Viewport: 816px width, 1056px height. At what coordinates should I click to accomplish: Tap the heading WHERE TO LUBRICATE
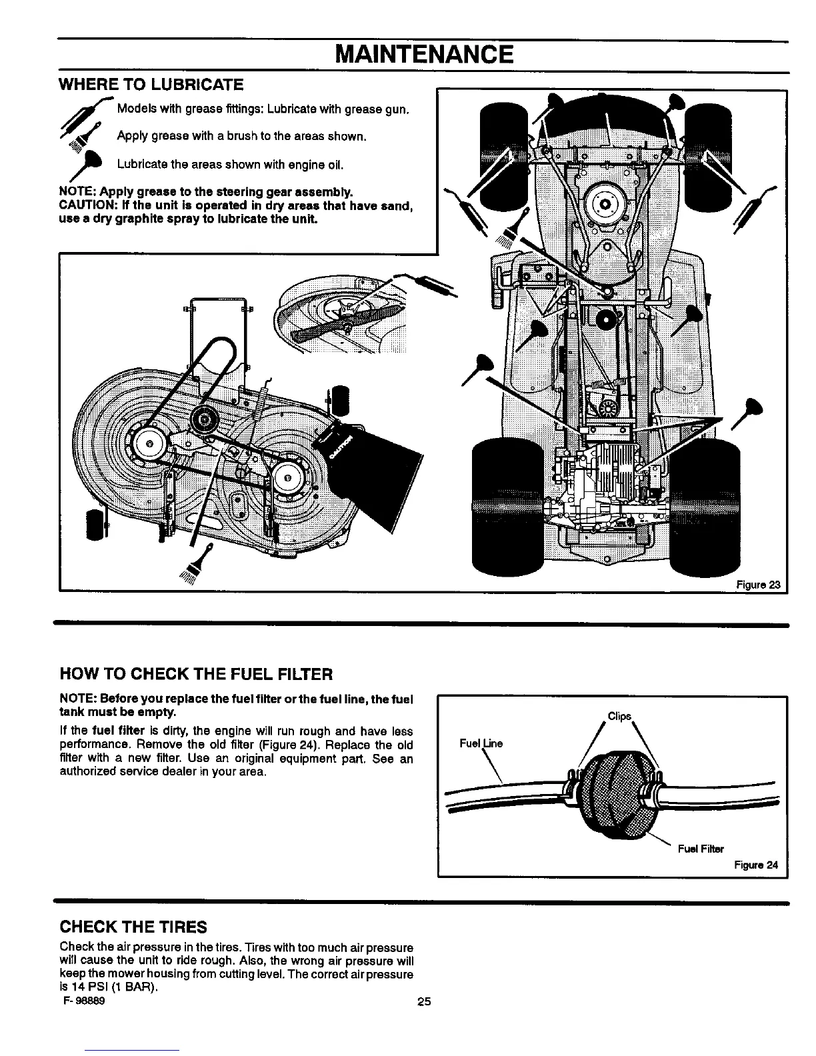151,85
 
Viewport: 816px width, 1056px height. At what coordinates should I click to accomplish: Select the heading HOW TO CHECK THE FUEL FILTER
196,674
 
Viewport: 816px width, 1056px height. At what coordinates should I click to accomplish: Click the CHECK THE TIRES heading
133,927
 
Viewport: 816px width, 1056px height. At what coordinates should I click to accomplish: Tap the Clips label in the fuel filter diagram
619,717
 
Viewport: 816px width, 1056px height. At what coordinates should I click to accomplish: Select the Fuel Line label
481,743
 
